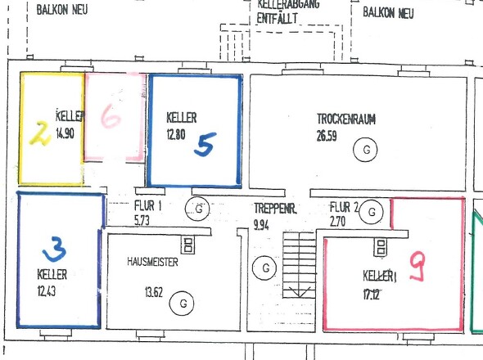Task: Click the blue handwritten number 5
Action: coord(205,144)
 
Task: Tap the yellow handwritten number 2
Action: coord(41,133)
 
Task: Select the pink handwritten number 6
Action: coord(111,116)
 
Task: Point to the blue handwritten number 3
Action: coord(55,249)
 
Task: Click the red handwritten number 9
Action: coord(418,266)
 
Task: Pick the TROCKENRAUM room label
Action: coord(346,119)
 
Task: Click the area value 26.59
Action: coord(327,136)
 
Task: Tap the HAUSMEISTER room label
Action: coord(152,262)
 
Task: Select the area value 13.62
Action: coord(154,292)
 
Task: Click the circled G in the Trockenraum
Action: coord(365,150)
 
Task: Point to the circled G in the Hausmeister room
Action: coord(182,304)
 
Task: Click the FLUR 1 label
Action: coord(148,205)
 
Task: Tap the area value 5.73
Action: coord(142,220)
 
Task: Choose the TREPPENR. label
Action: coord(275,209)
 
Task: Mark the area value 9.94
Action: coord(261,225)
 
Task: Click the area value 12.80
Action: coord(176,134)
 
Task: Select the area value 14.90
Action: coord(65,133)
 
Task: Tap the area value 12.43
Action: coord(47,290)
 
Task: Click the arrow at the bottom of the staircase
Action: coord(299,291)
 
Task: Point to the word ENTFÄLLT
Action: coord(278,19)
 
